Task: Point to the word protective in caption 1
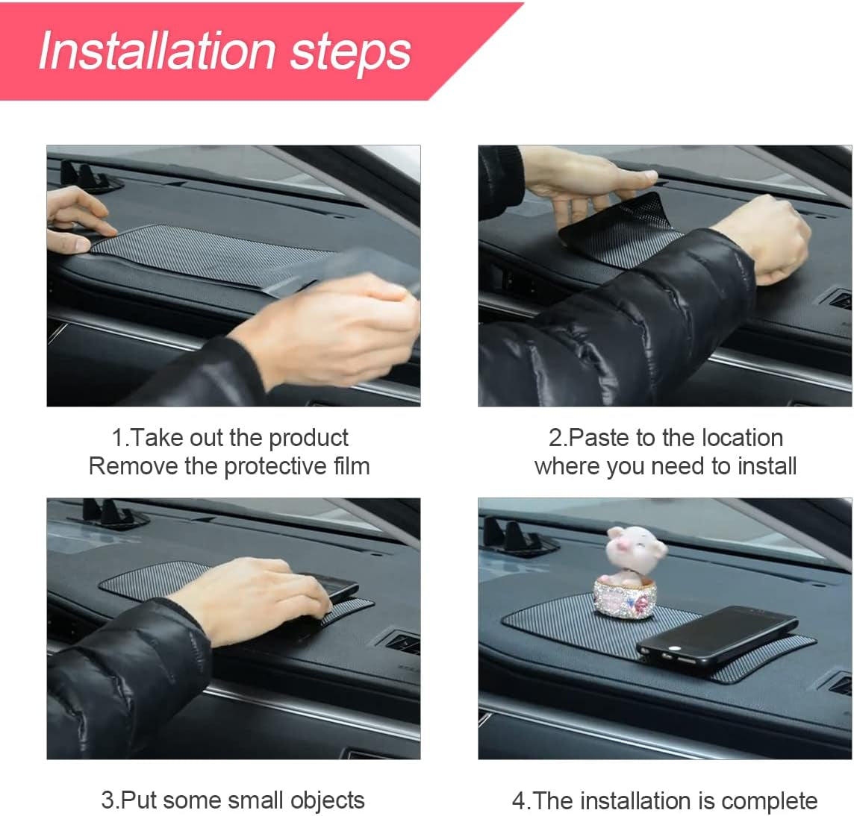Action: point(277,467)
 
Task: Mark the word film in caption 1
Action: point(352,467)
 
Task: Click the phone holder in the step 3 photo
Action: point(105,512)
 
